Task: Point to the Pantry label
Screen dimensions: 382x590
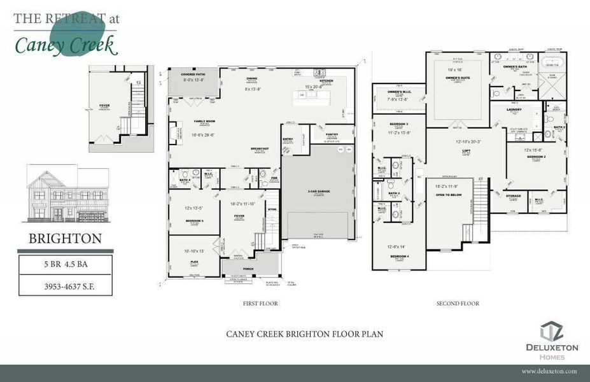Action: (331, 134)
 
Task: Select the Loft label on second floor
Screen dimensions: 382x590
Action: (467, 151)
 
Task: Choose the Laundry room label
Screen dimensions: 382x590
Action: (514, 110)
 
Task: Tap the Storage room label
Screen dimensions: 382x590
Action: (513, 196)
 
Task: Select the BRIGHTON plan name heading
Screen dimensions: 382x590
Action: (65, 239)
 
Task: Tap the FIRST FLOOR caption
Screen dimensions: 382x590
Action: (260, 304)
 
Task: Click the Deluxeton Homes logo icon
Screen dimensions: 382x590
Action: (551, 331)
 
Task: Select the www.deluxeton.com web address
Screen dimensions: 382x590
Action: (549, 371)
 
